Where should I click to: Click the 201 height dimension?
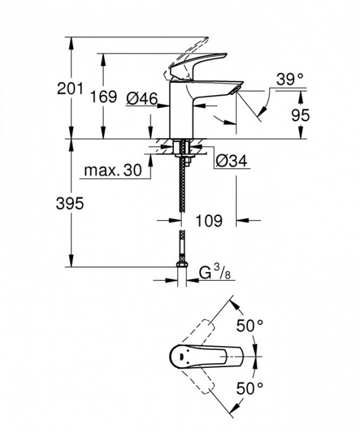70,89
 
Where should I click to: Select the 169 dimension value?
104,97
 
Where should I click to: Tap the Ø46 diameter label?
142,98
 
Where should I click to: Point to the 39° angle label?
290,78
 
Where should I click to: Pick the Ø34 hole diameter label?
231,162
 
